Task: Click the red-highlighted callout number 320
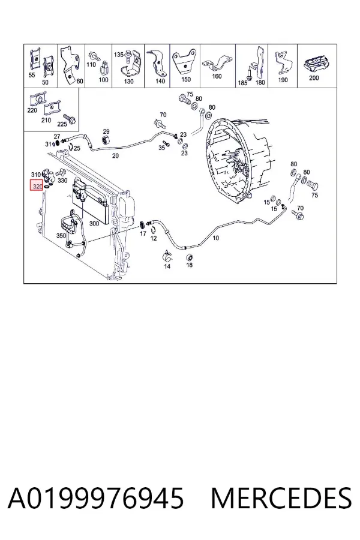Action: (37, 187)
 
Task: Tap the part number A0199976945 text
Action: (96, 499)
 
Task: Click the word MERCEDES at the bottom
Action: (281, 499)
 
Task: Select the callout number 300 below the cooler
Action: (94, 223)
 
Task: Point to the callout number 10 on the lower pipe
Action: (215, 238)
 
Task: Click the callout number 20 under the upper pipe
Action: (115, 155)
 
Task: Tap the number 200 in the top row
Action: (314, 78)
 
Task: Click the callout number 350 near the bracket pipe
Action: (61, 236)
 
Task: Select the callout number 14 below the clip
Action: (167, 266)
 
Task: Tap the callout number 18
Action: (190, 265)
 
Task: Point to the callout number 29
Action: (106, 131)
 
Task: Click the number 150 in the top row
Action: (185, 79)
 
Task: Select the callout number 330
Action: (62, 181)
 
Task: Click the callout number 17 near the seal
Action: (143, 233)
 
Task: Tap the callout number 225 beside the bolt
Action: (62, 124)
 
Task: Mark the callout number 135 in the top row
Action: (119, 55)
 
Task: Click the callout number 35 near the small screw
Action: (161, 148)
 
